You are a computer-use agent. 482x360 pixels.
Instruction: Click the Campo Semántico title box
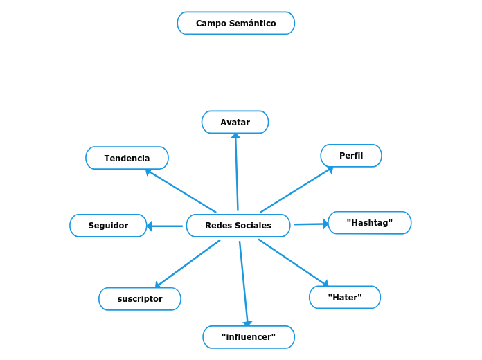(235, 23)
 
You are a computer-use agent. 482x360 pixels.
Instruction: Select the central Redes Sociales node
(238, 226)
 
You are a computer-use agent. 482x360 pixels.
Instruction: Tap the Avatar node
(235, 122)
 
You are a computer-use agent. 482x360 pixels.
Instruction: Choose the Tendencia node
(127, 158)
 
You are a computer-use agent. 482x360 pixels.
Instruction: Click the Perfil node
(351, 156)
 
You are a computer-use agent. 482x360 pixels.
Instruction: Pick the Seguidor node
(108, 226)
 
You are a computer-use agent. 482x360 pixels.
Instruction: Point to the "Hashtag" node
(369, 223)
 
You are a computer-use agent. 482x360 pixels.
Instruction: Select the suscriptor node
(140, 299)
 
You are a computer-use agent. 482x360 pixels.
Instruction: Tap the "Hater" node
(344, 297)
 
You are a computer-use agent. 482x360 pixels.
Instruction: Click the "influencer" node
(249, 337)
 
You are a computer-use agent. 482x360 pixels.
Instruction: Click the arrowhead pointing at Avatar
(235, 136)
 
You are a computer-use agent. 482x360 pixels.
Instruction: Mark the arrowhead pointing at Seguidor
(150, 226)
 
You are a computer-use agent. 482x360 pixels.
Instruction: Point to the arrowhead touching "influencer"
(247, 323)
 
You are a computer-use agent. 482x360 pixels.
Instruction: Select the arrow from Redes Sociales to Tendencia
(181, 191)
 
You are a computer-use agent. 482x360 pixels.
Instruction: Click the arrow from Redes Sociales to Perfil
(296, 190)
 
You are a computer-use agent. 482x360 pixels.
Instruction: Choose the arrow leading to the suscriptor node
(188, 263)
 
